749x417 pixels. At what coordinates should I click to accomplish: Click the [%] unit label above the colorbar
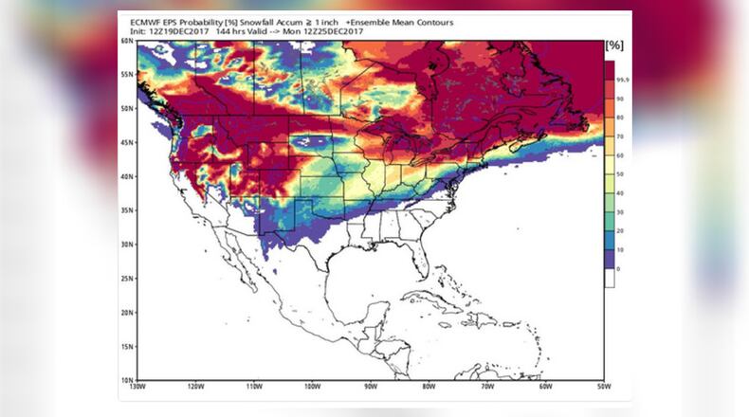[x=613, y=44]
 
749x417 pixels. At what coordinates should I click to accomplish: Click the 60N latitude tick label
[x=127, y=42]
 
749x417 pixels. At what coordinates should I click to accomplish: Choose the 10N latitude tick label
[x=127, y=380]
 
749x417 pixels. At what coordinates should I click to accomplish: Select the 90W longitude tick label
[x=369, y=388]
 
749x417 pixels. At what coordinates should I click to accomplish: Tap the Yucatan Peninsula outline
[x=374, y=299]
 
